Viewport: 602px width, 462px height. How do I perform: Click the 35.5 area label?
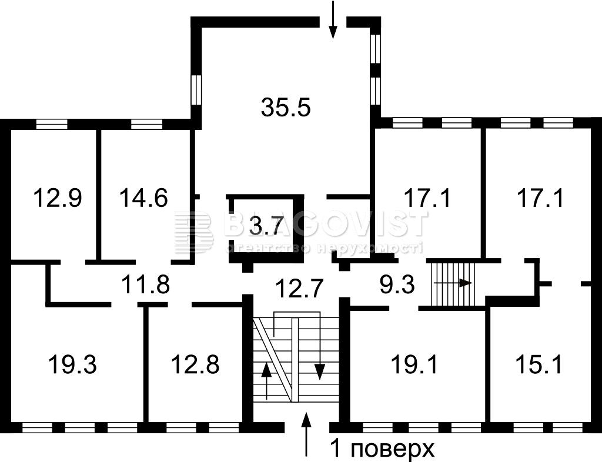[286, 107]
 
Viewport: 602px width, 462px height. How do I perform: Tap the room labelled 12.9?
[58, 198]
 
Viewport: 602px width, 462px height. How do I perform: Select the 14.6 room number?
[143, 198]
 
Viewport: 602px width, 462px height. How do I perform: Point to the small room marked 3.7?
[266, 226]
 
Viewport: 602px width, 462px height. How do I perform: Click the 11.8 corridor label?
[146, 284]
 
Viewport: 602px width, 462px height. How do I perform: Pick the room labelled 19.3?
[72, 364]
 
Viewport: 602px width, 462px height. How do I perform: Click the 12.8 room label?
[195, 364]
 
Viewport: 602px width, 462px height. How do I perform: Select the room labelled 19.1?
[414, 364]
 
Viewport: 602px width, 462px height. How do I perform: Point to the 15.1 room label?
[539, 364]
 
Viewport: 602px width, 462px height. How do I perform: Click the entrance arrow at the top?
[333, 20]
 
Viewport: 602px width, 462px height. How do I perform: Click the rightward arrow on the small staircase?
[453, 283]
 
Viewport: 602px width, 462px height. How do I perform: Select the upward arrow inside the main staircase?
[266, 381]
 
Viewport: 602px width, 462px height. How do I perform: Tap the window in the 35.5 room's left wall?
[196, 89]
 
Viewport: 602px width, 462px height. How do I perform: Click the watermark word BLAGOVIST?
[326, 223]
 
